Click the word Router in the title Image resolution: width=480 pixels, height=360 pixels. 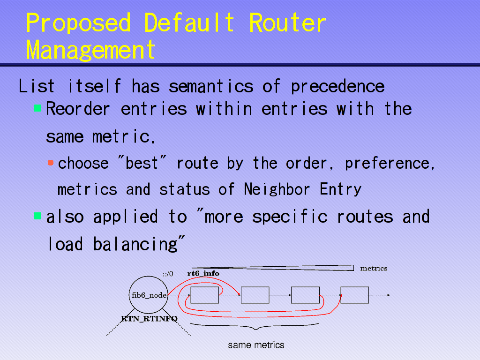coord(287,23)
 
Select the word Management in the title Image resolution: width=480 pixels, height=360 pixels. coord(90,50)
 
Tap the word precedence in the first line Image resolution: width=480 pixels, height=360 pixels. coord(337,87)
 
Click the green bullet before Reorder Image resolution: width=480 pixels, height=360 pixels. coord(37,108)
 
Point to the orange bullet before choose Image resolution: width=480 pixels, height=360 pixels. coord(51,163)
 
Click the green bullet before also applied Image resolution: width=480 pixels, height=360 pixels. coord(37,216)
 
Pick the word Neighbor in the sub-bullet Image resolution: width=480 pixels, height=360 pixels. coord(277,190)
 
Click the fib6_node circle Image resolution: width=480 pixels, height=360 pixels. coord(149,276)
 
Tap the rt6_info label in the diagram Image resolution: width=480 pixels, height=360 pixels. coord(203,273)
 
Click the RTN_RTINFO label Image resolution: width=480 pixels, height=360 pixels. coord(149,319)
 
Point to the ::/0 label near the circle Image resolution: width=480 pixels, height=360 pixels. coord(168,274)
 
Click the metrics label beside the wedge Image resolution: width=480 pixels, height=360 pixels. coord(374,269)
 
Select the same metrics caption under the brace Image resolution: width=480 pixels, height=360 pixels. coord(256,345)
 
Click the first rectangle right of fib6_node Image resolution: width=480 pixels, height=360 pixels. coord(204,295)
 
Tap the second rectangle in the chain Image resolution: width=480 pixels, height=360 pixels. coord(255,295)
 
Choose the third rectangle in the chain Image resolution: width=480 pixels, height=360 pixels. coord(305,295)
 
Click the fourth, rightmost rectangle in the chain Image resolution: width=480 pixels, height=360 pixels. coord(354,295)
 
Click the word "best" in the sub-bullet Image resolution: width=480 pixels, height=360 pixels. coord(142,163)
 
